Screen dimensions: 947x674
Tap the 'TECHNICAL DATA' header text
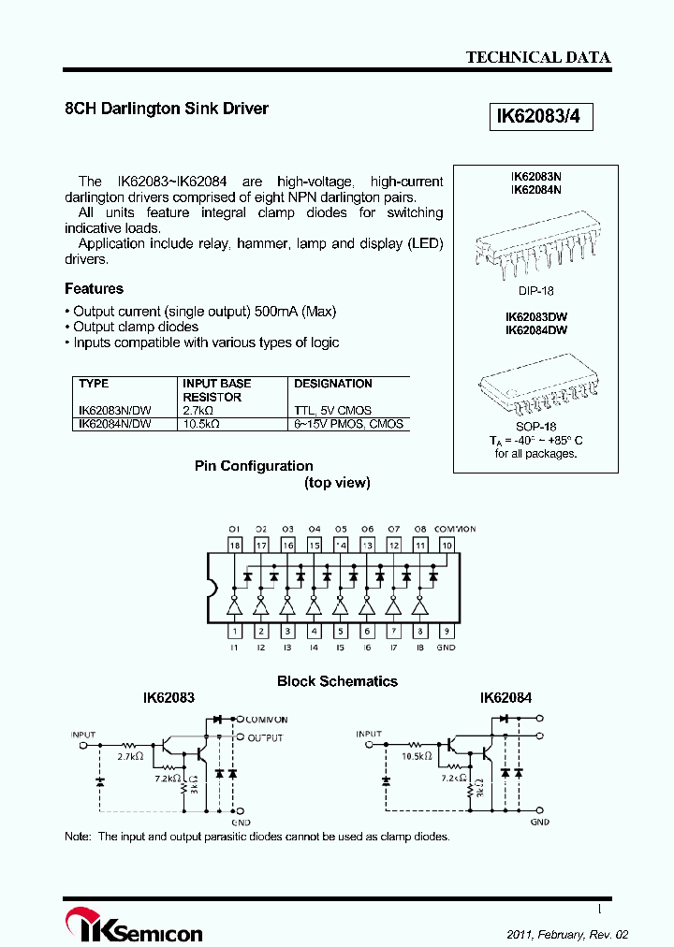tap(538, 57)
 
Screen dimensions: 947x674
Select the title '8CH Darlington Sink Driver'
tap(167, 109)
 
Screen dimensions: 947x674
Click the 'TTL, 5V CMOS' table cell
tap(332, 411)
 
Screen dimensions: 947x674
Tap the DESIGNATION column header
tap(333, 384)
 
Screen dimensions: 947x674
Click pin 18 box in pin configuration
tap(235, 545)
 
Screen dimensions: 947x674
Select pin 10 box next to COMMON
tap(447, 545)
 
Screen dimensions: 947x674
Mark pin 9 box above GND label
tap(447, 631)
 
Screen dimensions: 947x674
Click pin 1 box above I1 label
tap(235, 631)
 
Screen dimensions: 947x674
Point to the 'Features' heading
tap(94, 289)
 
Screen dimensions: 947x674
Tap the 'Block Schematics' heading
tap(337, 681)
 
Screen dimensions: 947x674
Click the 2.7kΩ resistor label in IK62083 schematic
tap(129, 755)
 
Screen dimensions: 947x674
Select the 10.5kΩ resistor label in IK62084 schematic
tap(415, 754)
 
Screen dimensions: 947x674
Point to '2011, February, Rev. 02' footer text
tap(567, 935)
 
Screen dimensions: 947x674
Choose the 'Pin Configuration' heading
tap(254, 466)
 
